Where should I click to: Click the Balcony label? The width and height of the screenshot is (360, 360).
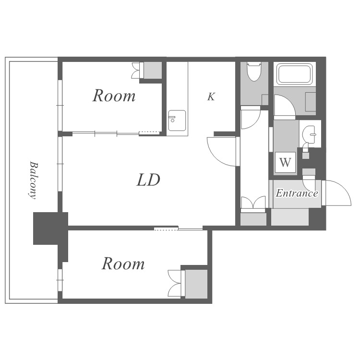33,180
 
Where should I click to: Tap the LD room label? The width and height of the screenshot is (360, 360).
148,180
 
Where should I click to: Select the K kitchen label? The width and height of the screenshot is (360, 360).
211,96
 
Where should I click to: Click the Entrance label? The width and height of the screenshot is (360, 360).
297,193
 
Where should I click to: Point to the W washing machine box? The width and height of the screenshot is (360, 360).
285,162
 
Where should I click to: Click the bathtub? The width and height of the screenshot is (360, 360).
295,74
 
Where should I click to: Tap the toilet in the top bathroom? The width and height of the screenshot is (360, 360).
254,72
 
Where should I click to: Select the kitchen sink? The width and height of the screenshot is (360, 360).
177,120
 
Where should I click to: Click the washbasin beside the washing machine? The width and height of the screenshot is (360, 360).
309,134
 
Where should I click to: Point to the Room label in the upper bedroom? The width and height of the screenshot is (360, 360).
114,96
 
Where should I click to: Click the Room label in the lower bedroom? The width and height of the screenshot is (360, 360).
123,264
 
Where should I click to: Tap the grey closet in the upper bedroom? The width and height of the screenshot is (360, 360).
152,70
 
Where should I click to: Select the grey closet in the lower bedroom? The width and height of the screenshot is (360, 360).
196,284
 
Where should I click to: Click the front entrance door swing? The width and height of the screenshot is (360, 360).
337,193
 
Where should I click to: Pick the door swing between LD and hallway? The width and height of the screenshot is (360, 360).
222,152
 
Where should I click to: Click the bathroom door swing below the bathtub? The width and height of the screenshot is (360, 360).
285,105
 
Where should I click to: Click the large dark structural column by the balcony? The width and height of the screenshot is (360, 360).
50,228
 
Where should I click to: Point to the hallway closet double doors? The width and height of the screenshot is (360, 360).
253,202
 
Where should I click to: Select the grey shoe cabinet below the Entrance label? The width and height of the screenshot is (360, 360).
290,217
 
